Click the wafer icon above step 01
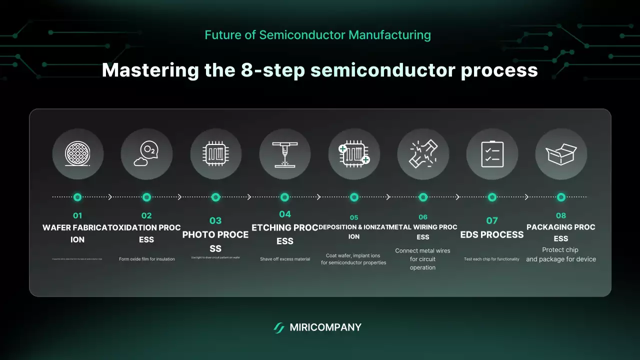[x=77, y=154]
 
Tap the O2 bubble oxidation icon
[x=146, y=154]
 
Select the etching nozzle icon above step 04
[x=284, y=154]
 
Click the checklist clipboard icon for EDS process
[x=492, y=154]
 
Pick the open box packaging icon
[x=561, y=154]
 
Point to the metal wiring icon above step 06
[x=423, y=154]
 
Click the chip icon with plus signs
[x=354, y=154]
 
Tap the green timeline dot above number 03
[x=215, y=197]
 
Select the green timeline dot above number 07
[x=492, y=197]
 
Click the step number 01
[x=77, y=216]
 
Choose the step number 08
[x=561, y=215]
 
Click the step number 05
[x=354, y=217]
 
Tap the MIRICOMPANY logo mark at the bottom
[x=279, y=328]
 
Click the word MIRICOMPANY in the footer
[x=325, y=328]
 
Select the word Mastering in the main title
[x=150, y=70]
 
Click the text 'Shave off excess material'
[x=284, y=259]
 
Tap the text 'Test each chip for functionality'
[x=492, y=259]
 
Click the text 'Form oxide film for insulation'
[x=146, y=259]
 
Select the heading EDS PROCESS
[x=492, y=234]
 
